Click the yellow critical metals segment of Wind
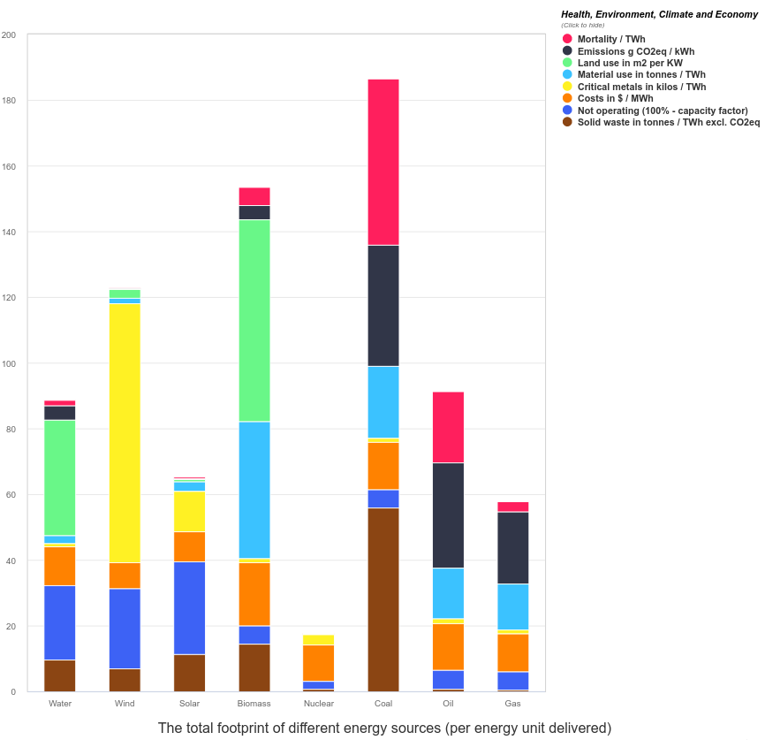coord(125,432)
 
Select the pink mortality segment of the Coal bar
coord(383,162)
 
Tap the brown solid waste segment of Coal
coord(383,599)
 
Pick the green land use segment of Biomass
coord(254,320)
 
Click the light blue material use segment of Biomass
coord(254,490)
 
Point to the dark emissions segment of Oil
coord(448,515)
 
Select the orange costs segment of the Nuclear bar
coord(319,663)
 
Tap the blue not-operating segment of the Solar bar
coord(189,607)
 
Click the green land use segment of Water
coord(60,477)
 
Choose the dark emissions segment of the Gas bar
coord(513,548)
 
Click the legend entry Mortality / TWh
coord(611,39)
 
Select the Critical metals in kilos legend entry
coord(641,87)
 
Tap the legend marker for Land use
coord(567,63)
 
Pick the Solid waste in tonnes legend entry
coord(668,122)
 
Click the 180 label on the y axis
coord(8,101)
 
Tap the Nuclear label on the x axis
coord(319,704)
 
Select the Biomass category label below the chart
coord(254,704)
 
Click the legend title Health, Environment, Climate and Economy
coord(659,14)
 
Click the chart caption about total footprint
coord(384,729)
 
